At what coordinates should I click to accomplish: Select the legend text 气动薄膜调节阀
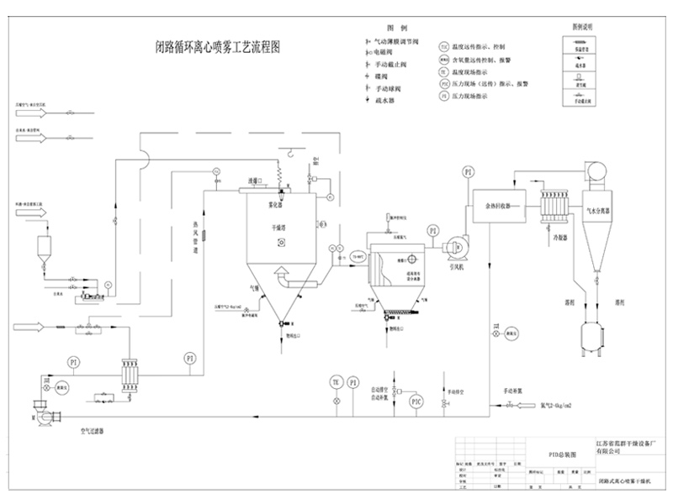[397, 41]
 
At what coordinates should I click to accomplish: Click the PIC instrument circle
[416, 402]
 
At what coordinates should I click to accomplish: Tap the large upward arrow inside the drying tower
[283, 273]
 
